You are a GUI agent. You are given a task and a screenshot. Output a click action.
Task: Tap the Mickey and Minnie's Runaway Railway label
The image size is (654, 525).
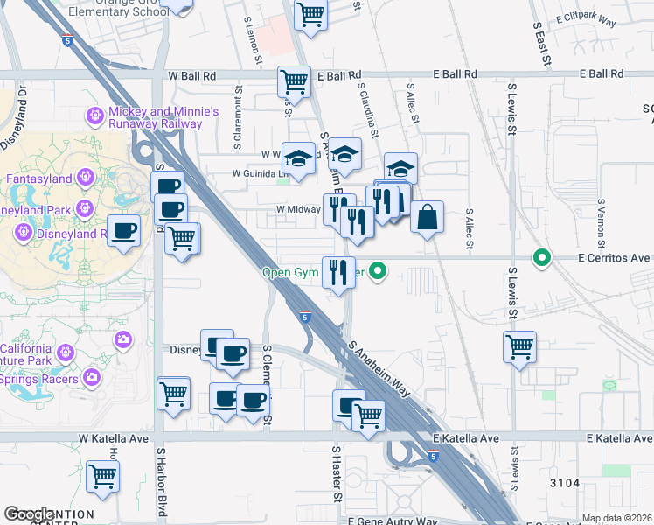coord(163,118)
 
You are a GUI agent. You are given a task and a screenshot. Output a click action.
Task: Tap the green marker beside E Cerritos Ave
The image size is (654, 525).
coord(542,258)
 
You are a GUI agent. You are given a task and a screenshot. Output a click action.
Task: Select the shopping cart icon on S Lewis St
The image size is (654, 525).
coord(520,346)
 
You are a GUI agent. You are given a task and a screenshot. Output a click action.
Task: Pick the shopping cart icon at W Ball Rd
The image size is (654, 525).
coord(295,81)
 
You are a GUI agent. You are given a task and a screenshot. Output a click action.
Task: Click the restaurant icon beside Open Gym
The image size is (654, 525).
coord(338,272)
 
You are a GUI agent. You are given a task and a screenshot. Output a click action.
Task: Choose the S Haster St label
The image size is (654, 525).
coord(336,472)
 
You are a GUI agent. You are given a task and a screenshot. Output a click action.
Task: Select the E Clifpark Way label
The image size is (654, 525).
coord(593,17)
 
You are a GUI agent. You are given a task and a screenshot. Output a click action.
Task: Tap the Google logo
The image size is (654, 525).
coord(29,514)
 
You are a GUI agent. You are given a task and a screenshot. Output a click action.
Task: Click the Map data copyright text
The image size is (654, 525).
coord(616,518)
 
